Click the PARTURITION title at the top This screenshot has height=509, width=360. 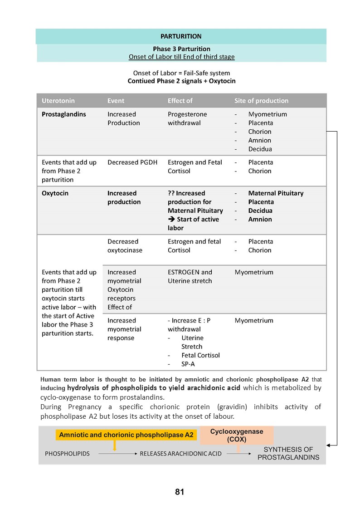(x=181, y=36)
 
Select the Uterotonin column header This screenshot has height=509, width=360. (x=58, y=101)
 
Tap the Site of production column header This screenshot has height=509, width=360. (x=261, y=101)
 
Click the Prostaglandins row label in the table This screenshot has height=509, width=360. (x=63, y=114)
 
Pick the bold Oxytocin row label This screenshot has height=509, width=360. (x=55, y=193)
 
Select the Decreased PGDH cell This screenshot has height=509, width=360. (x=132, y=162)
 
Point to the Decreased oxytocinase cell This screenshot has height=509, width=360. (x=125, y=246)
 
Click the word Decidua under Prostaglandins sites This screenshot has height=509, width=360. (x=260, y=149)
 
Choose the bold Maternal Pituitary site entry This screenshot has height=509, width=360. (x=276, y=193)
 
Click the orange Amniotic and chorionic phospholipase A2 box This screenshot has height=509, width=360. (x=126, y=435)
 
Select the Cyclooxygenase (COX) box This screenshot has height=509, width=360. (x=236, y=435)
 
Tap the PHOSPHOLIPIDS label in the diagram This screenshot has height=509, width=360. (x=67, y=454)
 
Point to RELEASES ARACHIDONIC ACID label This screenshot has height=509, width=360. (x=180, y=454)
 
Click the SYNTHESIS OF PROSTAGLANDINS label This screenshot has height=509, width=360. (x=288, y=453)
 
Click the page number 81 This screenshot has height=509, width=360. (x=180, y=492)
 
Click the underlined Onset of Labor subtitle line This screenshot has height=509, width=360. (x=181, y=57)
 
